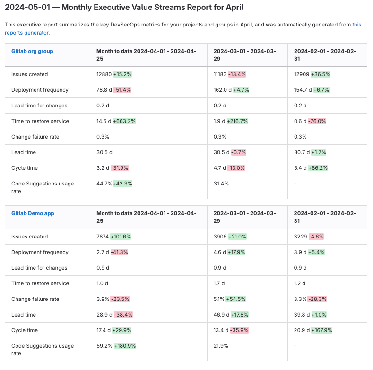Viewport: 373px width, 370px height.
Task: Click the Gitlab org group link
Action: click(32, 51)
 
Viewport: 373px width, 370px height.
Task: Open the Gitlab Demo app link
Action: click(33, 213)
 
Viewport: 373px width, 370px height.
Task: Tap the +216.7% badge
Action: click(238, 121)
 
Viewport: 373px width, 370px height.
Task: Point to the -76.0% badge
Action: click(317, 121)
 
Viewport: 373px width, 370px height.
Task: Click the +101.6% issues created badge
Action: click(121, 237)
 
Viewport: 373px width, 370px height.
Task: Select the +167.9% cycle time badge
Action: click(321, 330)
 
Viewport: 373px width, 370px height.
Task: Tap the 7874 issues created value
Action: click(103, 237)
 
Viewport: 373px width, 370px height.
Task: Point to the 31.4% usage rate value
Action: click(221, 184)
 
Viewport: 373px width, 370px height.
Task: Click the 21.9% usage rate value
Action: click(221, 346)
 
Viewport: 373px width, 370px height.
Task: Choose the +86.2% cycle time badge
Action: click(318, 168)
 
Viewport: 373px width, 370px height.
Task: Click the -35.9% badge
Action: click(238, 330)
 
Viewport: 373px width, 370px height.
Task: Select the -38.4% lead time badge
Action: click(122, 315)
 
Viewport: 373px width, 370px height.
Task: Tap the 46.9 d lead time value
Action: click(221, 315)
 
